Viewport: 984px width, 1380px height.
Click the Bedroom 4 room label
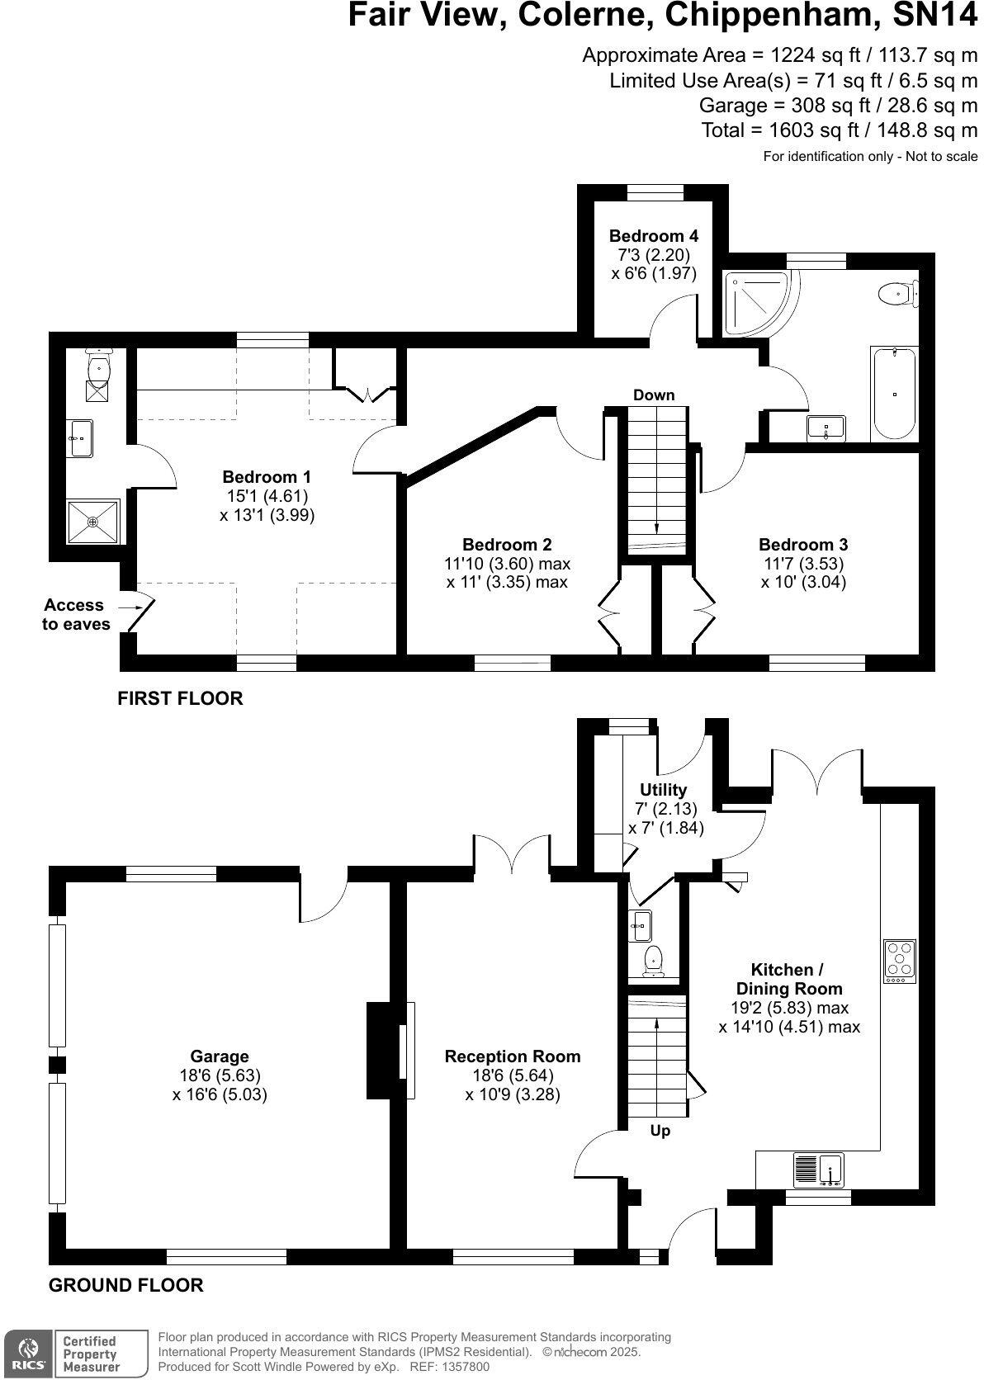click(x=653, y=236)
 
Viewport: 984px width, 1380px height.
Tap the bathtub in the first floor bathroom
click(x=893, y=395)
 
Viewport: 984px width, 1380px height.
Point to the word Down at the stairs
click(x=654, y=395)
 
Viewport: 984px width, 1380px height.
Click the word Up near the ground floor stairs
click(x=660, y=1131)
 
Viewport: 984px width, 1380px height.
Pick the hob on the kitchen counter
click(x=900, y=962)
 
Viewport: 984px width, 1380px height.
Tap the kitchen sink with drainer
click(x=818, y=1170)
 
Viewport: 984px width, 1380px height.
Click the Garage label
click(x=220, y=1056)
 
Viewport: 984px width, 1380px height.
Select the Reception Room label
click(x=512, y=1056)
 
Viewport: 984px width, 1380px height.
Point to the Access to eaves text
click(x=75, y=615)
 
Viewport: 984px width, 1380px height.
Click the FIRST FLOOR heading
click(x=180, y=698)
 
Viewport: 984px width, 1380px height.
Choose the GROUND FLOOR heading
click(x=125, y=1285)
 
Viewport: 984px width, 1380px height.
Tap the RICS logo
click(x=26, y=1354)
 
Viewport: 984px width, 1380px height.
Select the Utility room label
click(x=663, y=790)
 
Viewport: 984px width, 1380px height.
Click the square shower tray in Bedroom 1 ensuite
click(x=93, y=522)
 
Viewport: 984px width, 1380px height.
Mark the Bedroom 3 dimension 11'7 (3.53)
click(x=802, y=564)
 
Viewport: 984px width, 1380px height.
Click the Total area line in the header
click(x=839, y=130)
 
